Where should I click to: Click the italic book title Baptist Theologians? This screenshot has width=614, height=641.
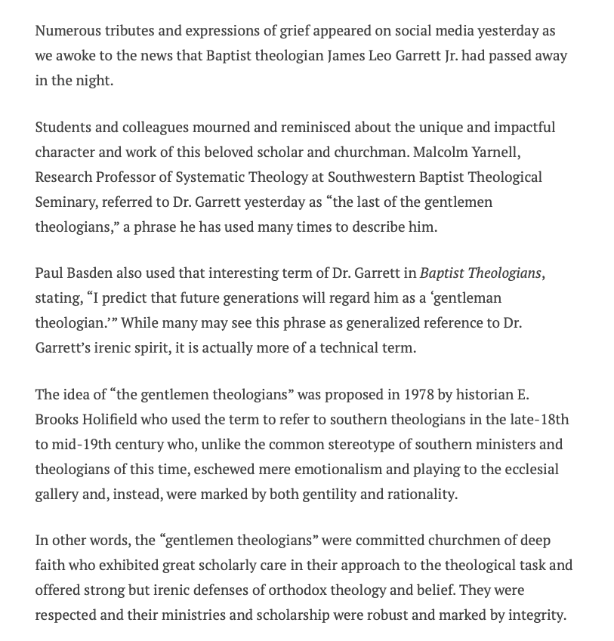coord(480,273)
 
